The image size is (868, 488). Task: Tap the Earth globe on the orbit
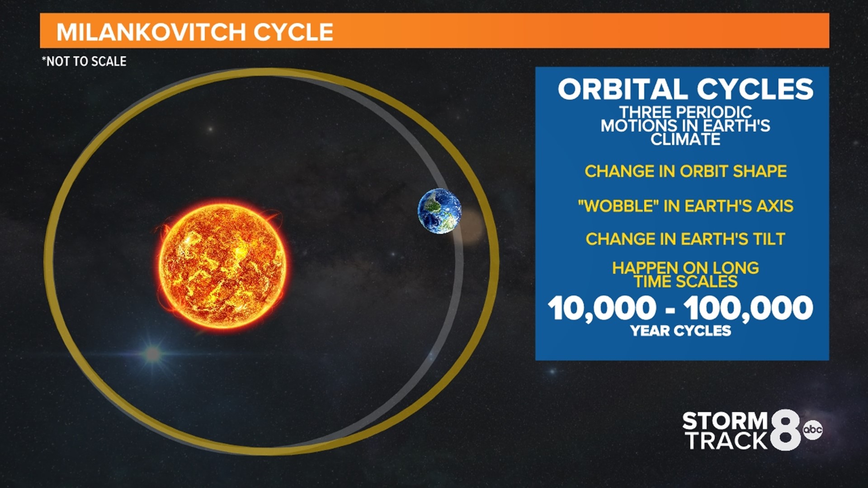click(x=439, y=211)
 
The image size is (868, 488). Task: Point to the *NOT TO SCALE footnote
click(x=84, y=61)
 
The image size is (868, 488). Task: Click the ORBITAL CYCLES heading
click(x=685, y=89)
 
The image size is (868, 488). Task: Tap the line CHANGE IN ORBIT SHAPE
click(x=685, y=171)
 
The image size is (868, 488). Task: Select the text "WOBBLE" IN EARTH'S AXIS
click(x=685, y=206)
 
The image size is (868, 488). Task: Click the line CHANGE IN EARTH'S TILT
click(x=685, y=239)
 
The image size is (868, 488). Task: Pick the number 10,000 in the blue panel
click(x=601, y=308)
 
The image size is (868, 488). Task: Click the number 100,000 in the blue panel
click(x=748, y=308)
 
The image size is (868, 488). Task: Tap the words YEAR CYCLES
click(x=680, y=331)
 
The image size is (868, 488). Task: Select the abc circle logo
click(x=812, y=429)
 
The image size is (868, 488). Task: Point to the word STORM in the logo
click(x=725, y=421)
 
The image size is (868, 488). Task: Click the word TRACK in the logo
click(x=726, y=441)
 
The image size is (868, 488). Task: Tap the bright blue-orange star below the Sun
click(x=153, y=353)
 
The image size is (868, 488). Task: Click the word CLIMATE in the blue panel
click(x=685, y=139)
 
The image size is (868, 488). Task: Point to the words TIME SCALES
click(x=685, y=282)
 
